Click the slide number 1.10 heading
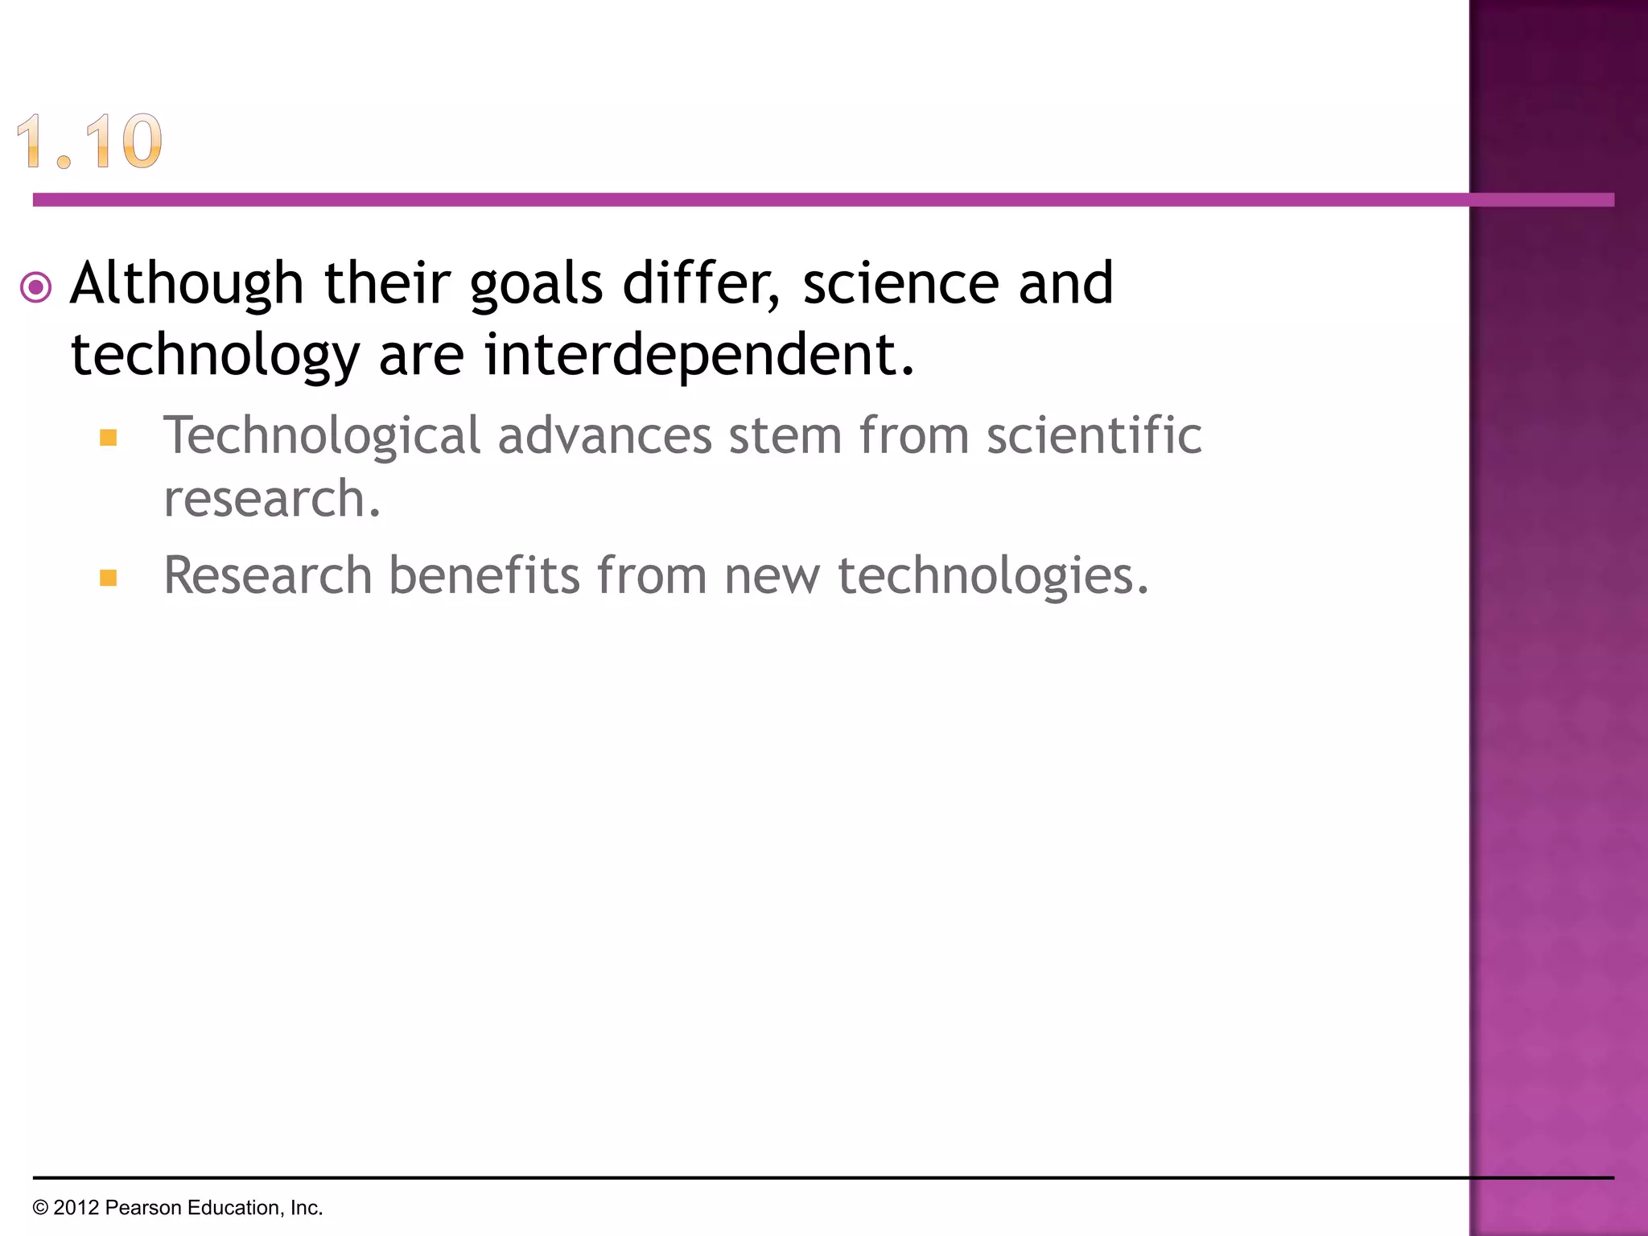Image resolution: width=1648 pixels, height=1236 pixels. (x=89, y=142)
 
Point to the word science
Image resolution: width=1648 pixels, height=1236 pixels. (x=900, y=285)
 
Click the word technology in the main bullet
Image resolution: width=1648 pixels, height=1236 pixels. (x=215, y=356)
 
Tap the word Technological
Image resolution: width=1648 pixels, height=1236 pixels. (x=322, y=436)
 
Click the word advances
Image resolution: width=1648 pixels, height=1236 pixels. (x=604, y=436)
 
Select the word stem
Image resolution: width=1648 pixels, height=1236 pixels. (x=785, y=436)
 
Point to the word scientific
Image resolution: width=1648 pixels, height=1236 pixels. (x=1094, y=436)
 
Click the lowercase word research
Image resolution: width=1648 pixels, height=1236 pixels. (x=272, y=499)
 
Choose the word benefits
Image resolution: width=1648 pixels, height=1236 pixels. (x=484, y=576)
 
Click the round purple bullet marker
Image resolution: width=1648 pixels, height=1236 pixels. (x=36, y=287)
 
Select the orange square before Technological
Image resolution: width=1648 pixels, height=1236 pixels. (x=109, y=438)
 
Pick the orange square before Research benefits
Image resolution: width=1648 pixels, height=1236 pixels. (x=109, y=578)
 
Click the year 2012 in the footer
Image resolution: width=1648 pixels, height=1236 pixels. (x=76, y=1208)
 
